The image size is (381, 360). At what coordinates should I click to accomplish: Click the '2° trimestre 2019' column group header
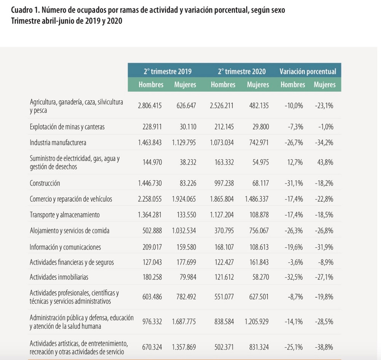167,71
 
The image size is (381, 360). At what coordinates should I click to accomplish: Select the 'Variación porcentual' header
308,71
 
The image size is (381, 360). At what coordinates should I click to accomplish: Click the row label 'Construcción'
45,183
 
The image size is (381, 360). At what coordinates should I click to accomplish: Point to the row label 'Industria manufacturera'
58,143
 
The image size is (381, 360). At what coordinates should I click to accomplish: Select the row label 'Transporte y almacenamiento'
64,215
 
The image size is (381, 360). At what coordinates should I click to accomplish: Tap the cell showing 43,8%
325,162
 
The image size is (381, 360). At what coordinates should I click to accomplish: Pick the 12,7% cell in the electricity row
295,162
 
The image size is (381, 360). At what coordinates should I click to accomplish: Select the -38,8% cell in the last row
324,347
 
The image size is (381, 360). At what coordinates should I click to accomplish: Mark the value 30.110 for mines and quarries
188,127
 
